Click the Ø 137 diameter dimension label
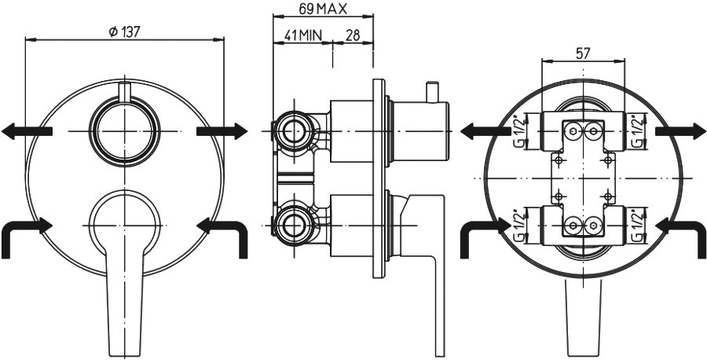coord(124,31)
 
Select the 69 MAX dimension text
coord(323,9)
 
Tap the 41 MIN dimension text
coord(302,35)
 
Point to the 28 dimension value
coord(353,35)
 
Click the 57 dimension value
coord(583,53)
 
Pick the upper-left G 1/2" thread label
coord(519,130)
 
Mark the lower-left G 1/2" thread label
coord(519,225)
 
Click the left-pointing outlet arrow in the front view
coord(27,131)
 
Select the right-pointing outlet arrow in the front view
coord(222,131)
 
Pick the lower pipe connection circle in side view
coord(294,225)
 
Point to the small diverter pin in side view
coord(432,92)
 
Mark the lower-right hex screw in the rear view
coord(592,225)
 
